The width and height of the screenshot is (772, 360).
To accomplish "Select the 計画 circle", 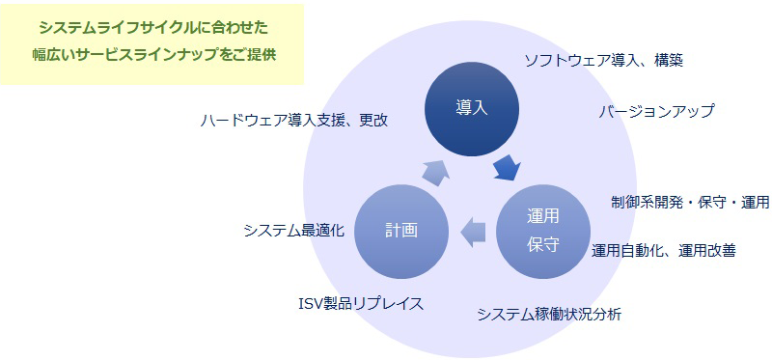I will tap(401, 230).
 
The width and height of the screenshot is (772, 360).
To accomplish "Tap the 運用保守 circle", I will tap(542, 230).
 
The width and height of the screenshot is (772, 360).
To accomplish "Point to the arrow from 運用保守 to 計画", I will tap(473, 231).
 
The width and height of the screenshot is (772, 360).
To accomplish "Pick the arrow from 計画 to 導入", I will tap(436, 171).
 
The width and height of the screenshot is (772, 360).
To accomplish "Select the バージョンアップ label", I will tap(656, 111).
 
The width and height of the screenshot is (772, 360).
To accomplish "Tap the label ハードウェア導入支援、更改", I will tap(293, 121).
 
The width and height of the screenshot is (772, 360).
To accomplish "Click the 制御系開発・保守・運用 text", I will tap(690, 203).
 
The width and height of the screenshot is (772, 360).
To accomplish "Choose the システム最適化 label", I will tap(293, 230).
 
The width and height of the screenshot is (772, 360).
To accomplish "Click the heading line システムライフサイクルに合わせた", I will tap(154, 28).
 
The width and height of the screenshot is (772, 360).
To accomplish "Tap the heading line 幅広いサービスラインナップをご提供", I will tap(154, 55).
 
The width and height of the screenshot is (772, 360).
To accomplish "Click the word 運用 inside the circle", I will tap(542, 215).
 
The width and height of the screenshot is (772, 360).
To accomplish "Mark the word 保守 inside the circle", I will tap(542, 244).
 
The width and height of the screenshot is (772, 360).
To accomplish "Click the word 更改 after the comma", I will tap(372, 121).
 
